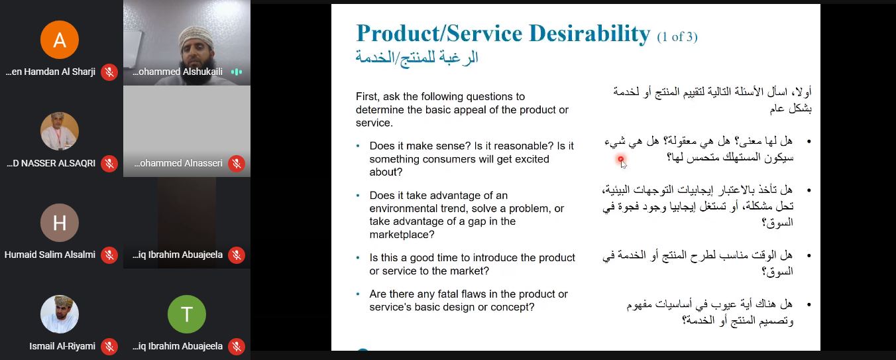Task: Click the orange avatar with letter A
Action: (x=60, y=40)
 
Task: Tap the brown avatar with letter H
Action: (x=60, y=222)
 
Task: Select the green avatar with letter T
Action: (x=187, y=314)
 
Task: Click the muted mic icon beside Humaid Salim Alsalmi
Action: (x=109, y=255)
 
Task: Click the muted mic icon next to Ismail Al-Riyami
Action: (x=109, y=346)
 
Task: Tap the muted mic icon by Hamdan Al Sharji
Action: (x=109, y=72)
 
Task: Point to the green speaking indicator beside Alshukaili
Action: (x=237, y=72)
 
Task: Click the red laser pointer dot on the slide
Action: (x=620, y=159)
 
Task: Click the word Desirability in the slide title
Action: (x=590, y=33)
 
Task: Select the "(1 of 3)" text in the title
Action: (x=677, y=37)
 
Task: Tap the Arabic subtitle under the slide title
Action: (x=417, y=58)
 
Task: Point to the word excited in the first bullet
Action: (x=529, y=159)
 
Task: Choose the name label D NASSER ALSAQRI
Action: (x=51, y=163)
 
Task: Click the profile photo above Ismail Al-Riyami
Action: (x=60, y=314)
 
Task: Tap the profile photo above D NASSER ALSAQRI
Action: (x=60, y=131)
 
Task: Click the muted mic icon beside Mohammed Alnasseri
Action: (x=237, y=164)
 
